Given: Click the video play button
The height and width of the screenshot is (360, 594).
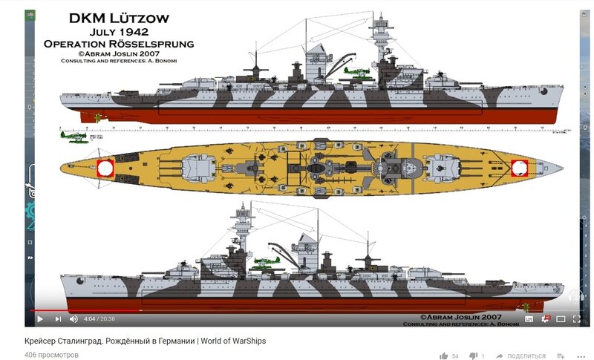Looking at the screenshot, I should [x=40, y=319].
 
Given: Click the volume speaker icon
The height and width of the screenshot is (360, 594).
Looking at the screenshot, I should [x=74, y=319].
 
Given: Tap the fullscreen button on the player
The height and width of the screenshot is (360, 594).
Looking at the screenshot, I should [x=576, y=319].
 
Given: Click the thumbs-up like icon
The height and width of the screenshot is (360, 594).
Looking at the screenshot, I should [x=443, y=356].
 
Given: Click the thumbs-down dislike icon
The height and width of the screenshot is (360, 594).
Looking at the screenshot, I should [x=472, y=356].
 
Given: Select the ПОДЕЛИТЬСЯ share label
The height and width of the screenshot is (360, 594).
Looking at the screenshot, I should [x=526, y=356].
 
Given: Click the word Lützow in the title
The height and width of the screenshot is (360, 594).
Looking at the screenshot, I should [x=153, y=18].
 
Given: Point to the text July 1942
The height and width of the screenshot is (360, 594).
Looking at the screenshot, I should [x=119, y=32].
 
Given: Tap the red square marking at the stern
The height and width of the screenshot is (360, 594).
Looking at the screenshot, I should [x=105, y=168].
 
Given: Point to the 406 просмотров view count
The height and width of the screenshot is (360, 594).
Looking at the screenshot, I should [x=51, y=355].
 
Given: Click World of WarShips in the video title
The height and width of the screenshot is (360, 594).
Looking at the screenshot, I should [x=233, y=341].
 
